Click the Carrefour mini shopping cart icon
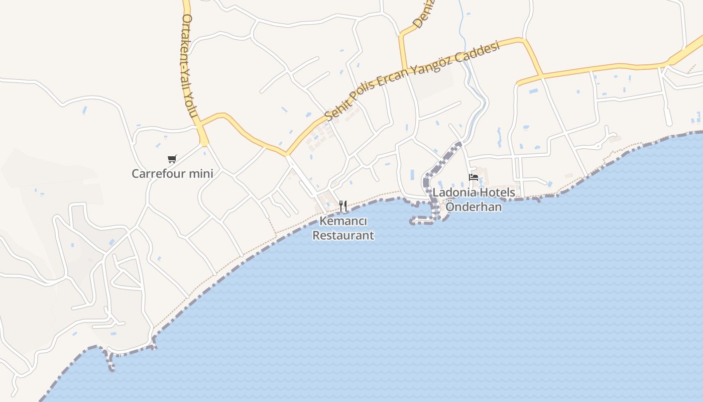pyautogui.click(x=172, y=159)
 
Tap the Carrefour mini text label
pyautogui.click(x=172, y=174)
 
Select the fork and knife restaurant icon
pyautogui.click(x=343, y=206)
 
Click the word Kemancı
pyautogui.click(x=343, y=221)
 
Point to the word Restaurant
pyautogui.click(x=343, y=235)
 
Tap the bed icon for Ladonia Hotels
pyautogui.click(x=473, y=177)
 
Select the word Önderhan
pyautogui.click(x=474, y=207)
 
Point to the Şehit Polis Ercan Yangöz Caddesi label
pyautogui.click(x=412, y=80)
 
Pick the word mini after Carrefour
pyautogui.click(x=201, y=174)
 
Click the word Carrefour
pyautogui.click(x=159, y=174)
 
